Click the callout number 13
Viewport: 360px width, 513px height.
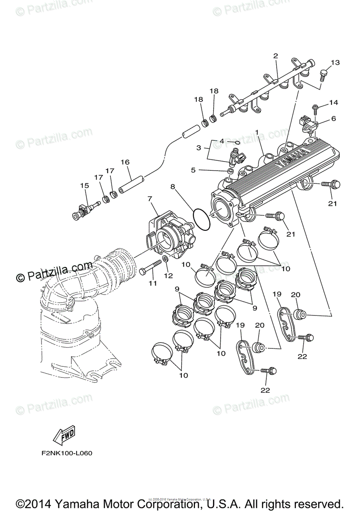(x=335, y=63)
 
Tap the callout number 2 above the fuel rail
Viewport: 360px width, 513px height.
(x=275, y=56)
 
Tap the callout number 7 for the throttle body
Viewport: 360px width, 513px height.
(x=150, y=199)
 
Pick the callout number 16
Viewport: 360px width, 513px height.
(x=125, y=162)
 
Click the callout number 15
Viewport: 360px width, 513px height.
(x=84, y=186)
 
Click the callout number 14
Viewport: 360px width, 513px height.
(x=333, y=103)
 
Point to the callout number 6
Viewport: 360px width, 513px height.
(x=333, y=118)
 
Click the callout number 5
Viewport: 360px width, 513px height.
(x=193, y=170)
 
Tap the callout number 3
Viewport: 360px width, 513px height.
(x=199, y=147)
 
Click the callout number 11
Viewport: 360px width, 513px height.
(x=153, y=283)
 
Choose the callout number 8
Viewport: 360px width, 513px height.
(x=172, y=186)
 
